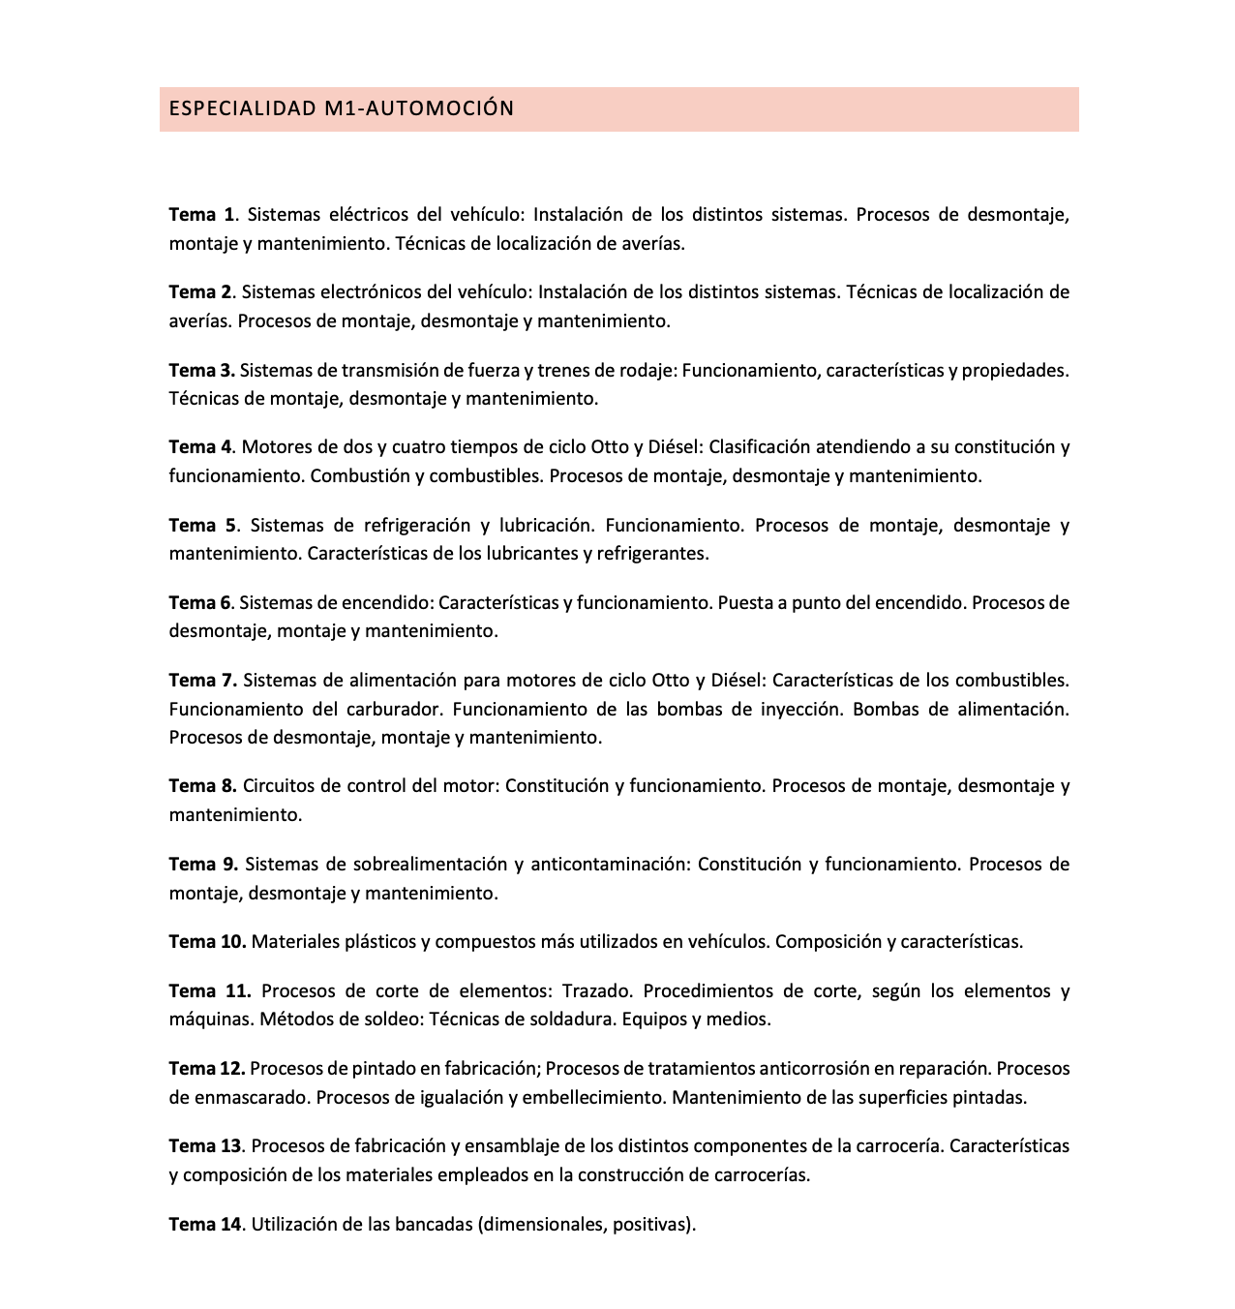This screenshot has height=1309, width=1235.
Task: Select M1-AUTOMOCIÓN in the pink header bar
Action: click(420, 108)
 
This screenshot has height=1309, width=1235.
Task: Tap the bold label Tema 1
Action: click(201, 214)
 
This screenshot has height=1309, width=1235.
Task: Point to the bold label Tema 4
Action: click(200, 446)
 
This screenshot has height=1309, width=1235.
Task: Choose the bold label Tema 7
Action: click(202, 680)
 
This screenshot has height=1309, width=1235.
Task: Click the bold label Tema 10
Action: click(207, 941)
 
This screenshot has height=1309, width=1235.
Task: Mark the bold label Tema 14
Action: click(205, 1224)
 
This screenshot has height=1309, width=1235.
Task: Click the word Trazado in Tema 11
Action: click(597, 990)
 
